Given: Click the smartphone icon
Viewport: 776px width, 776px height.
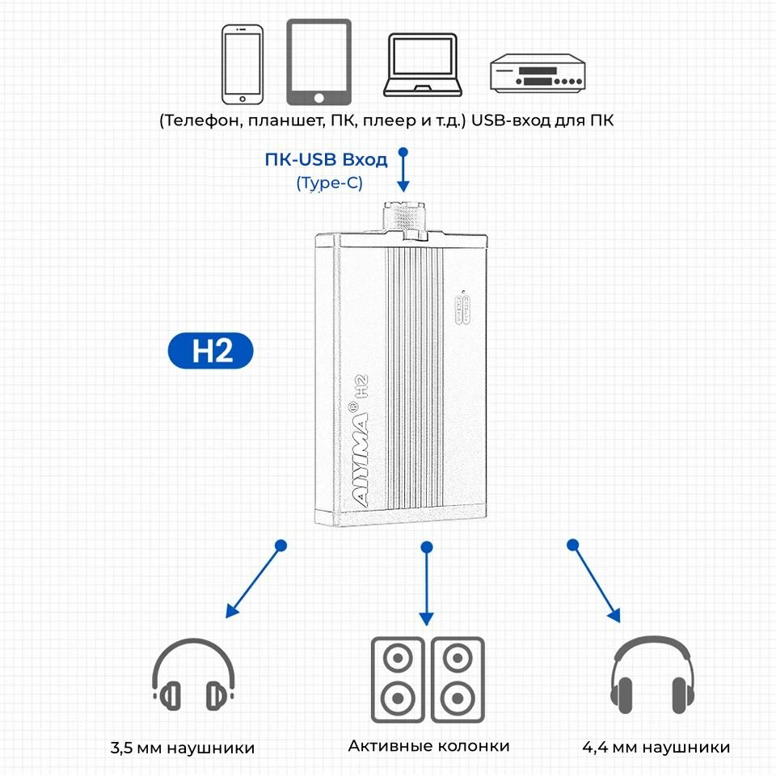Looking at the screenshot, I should point(243,64).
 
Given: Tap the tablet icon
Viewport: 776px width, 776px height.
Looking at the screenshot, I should point(318,62).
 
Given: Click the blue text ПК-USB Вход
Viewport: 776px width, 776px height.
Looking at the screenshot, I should point(326,159).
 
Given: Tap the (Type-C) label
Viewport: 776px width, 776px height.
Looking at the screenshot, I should point(330,183).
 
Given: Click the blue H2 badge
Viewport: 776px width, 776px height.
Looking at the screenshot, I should point(211,352).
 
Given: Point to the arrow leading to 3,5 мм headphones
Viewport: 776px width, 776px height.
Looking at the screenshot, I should point(255,580).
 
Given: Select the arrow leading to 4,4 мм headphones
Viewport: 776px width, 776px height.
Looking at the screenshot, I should point(594,582).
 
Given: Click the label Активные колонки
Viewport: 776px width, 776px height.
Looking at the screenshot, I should point(428,746).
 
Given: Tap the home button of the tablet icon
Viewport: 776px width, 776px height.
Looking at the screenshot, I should point(318,98).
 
